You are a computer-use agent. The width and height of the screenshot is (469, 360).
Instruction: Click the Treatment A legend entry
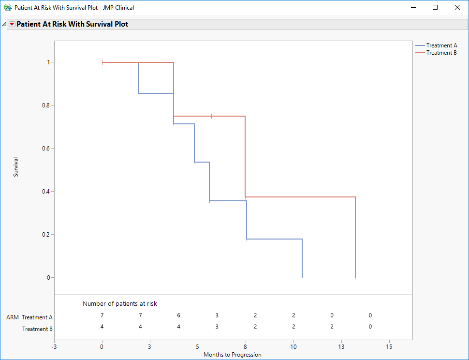pos(441,45)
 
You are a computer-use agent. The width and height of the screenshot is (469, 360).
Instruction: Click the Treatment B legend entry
pos(441,53)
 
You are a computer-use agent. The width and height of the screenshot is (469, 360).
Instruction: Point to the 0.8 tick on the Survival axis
pos(47,105)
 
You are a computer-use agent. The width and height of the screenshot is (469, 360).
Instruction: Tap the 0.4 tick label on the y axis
pos(47,192)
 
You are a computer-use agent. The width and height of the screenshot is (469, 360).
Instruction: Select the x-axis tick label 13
pos(341,347)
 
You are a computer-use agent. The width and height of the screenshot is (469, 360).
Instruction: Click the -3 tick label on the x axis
pos(54,347)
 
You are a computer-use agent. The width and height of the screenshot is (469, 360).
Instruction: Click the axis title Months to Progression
pos(232,355)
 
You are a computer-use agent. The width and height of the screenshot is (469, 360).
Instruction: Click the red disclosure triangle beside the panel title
pos(12,24)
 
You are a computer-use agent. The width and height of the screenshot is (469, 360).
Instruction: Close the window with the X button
pos(457,7)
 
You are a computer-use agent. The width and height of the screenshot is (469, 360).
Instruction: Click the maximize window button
pos(435,7)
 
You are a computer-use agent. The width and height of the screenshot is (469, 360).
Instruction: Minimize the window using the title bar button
pos(413,7)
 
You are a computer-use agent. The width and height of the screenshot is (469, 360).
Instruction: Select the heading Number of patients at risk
pos(120,304)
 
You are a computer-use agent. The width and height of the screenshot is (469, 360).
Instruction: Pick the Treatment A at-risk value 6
pos(178,315)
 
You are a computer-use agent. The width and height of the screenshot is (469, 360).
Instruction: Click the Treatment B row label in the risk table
pos(38,329)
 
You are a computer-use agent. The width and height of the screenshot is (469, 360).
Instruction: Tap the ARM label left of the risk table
pos(13,318)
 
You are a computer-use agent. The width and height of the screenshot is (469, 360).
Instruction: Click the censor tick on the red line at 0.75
pos(212,116)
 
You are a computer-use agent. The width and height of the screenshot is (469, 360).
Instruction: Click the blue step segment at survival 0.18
pos(274,239)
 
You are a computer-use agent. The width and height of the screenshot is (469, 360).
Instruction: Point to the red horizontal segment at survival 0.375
pos(300,197)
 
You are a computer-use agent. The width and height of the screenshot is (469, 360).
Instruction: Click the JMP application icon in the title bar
pos(8,8)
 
